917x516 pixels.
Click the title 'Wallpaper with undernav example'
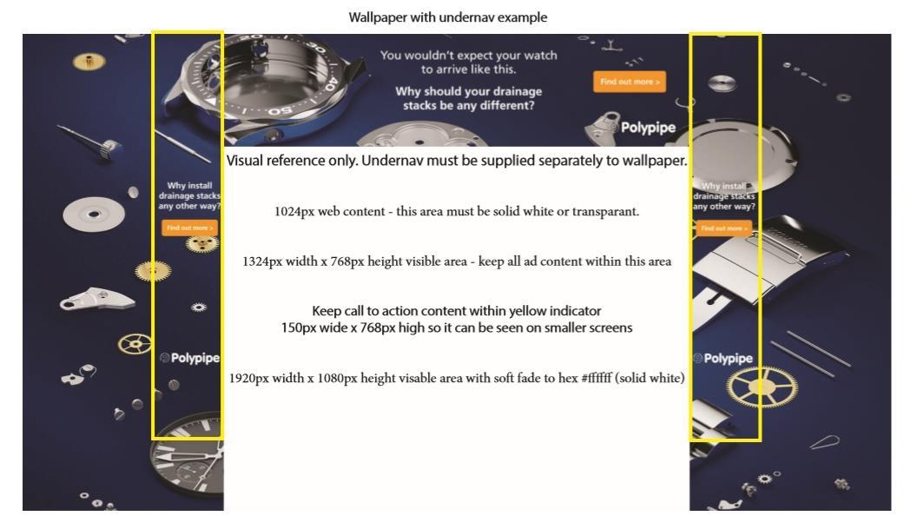tap(448, 17)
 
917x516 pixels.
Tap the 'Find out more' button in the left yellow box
tap(189, 228)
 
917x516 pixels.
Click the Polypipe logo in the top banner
tap(642, 128)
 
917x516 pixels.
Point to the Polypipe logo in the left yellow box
tap(189, 358)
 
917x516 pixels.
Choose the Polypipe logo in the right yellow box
tap(722, 359)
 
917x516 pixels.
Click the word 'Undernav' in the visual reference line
tap(392, 161)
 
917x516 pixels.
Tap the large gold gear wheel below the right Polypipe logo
tap(762, 387)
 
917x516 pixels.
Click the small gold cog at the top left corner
tap(89, 60)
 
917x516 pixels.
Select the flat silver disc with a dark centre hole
tap(94, 214)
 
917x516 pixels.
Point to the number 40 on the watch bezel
tap(329, 83)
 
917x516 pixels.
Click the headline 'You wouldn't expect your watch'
tap(468, 55)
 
